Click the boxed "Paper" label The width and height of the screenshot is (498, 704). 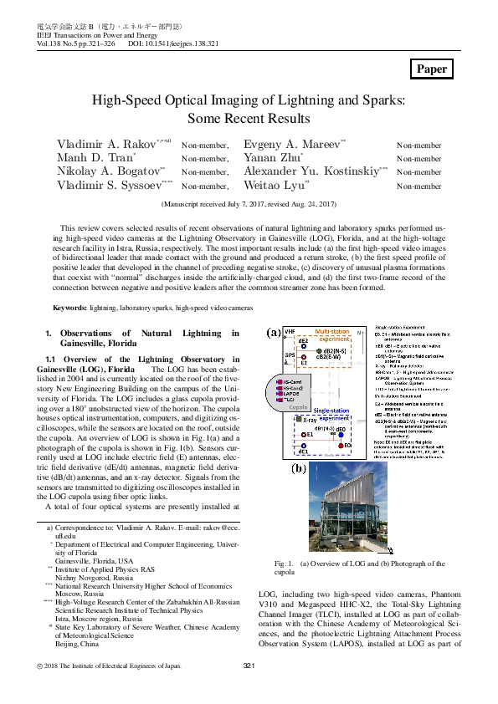tap(433, 69)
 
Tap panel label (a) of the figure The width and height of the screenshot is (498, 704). tap(274, 332)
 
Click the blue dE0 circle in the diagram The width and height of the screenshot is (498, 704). tap(341, 434)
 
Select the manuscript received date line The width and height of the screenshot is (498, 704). tap(248, 203)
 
